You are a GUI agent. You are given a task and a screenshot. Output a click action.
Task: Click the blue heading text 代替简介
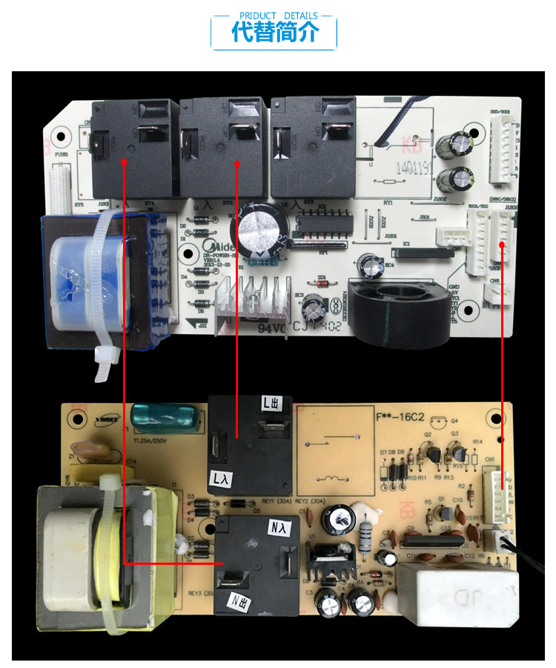click(x=274, y=33)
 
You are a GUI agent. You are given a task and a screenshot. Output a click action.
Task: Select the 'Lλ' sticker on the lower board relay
click(x=222, y=479)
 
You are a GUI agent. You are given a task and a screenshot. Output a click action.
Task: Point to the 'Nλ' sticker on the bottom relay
click(x=275, y=528)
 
